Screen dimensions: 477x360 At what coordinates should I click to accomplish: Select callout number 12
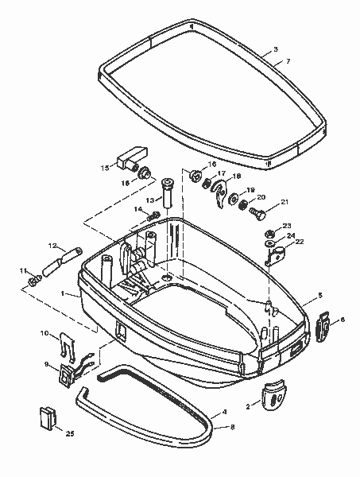click(52, 245)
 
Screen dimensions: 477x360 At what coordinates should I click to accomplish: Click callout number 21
click(284, 202)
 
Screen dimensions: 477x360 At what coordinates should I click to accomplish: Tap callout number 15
click(104, 169)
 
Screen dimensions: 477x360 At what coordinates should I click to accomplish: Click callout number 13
click(149, 200)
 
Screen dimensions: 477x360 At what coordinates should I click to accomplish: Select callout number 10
click(45, 333)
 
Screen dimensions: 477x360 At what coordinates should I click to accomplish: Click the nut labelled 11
click(34, 281)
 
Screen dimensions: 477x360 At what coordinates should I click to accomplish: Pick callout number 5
click(319, 295)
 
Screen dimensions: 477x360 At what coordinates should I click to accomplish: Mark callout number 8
click(231, 428)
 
